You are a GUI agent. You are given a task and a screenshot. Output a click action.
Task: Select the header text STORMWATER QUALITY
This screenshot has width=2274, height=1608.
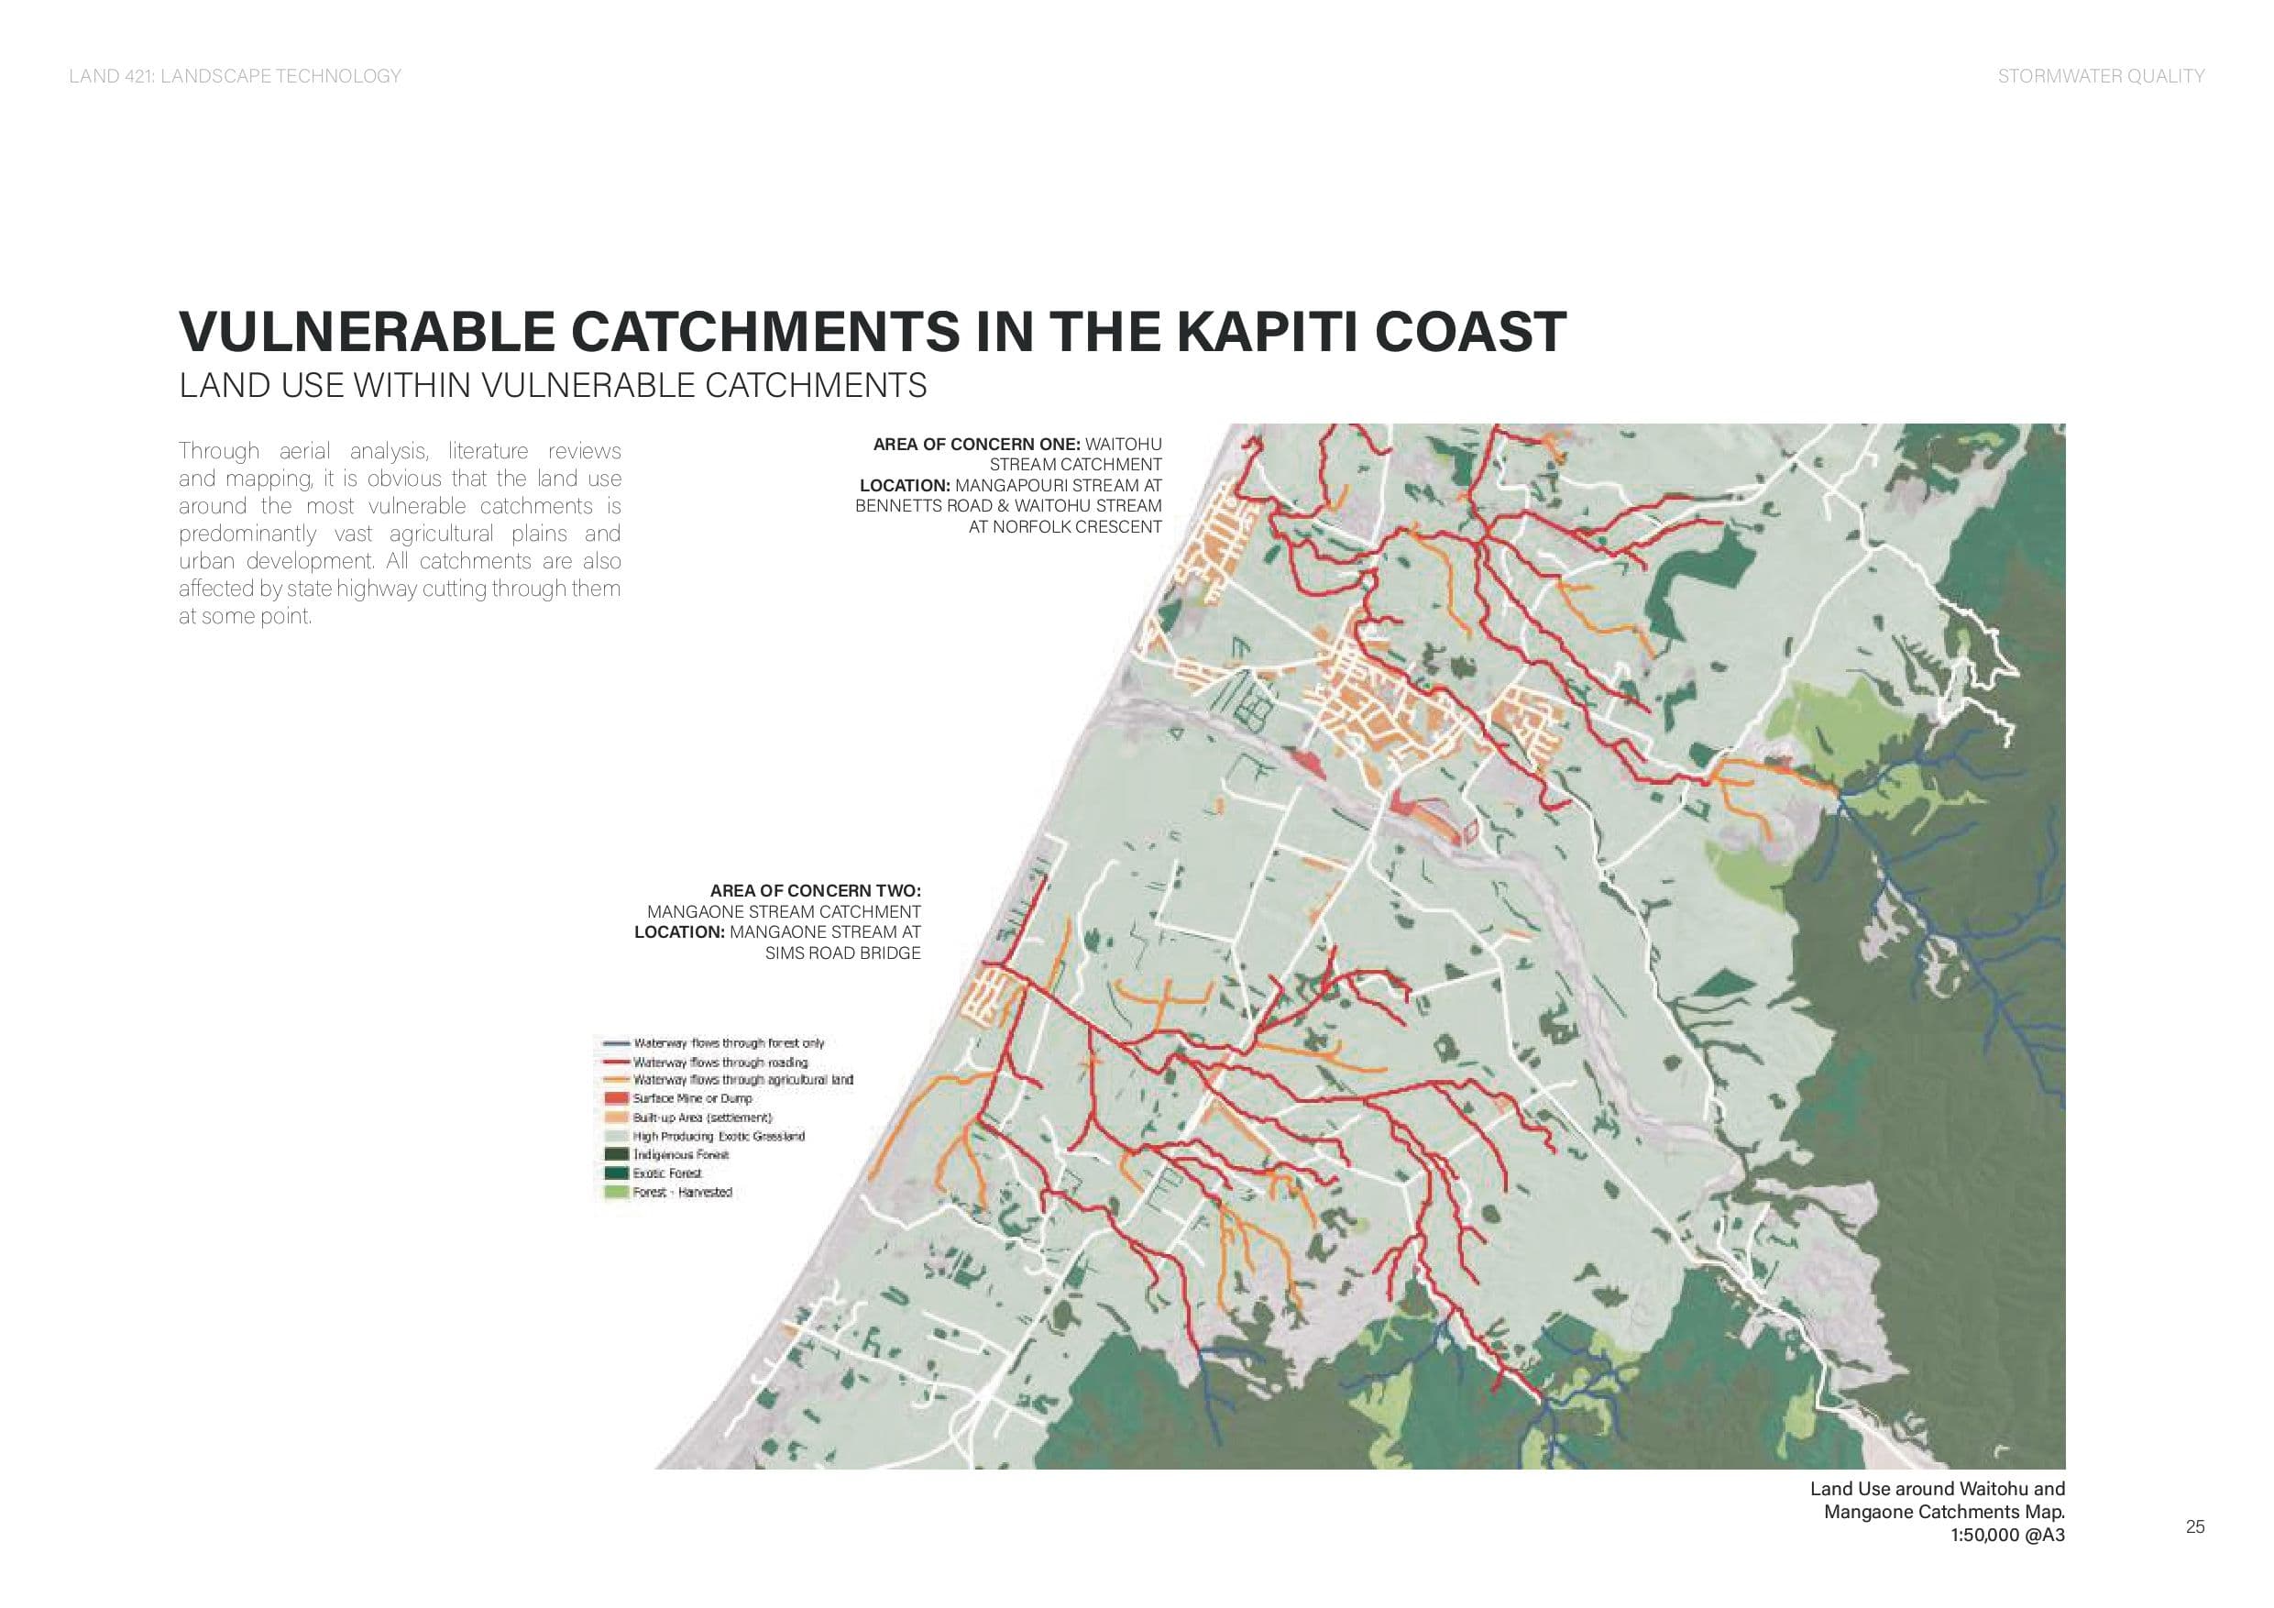2101,76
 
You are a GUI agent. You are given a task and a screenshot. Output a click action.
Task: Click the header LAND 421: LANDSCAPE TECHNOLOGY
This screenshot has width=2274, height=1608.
235,76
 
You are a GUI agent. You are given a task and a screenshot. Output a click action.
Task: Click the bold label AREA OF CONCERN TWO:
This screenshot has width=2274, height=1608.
815,891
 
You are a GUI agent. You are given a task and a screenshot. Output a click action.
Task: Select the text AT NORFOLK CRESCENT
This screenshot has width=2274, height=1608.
1065,527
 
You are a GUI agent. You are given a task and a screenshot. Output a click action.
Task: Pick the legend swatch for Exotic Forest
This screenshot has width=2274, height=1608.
617,1174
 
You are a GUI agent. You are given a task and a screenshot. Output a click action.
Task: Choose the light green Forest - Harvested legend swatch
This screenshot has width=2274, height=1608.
617,1193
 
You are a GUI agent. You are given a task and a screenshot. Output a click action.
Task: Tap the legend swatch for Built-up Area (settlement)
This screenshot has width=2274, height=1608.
617,1118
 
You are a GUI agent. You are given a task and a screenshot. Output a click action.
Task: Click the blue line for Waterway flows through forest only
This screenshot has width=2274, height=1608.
617,1043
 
